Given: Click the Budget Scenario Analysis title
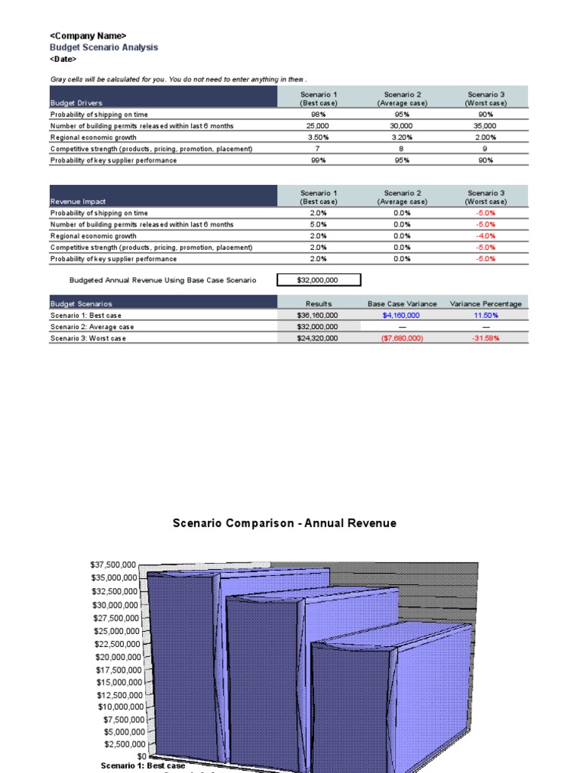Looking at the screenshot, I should [x=103, y=47].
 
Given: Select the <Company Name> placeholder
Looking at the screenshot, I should [x=88, y=35].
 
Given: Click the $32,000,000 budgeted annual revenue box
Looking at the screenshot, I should [x=319, y=280].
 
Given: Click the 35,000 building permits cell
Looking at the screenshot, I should [x=486, y=126].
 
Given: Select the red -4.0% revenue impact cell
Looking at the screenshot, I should [x=486, y=236].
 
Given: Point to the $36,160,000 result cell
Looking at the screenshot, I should [x=318, y=316].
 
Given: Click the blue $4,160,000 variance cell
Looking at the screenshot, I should [x=402, y=316].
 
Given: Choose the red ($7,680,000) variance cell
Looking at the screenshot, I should [x=402, y=338].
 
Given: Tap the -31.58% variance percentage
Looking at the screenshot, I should [x=486, y=338].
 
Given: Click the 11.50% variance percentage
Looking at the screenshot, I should [x=486, y=316].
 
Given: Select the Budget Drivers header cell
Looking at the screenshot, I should [x=76, y=103].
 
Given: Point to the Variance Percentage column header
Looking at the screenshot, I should [x=486, y=303].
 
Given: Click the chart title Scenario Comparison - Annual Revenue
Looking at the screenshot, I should [x=284, y=523].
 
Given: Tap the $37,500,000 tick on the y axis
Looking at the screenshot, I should [x=113, y=565].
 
